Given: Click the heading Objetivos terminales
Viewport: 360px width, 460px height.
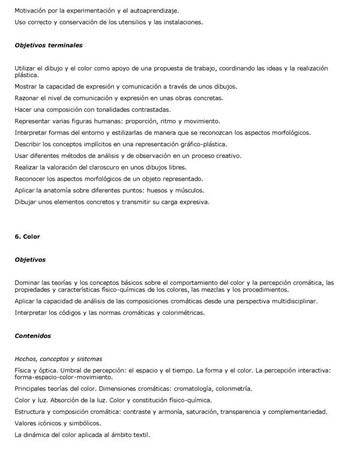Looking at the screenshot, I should pos(49,45).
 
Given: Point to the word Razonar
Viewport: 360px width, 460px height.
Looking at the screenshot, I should pos(28,98).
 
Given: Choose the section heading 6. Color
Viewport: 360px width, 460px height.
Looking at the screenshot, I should pos(27,237).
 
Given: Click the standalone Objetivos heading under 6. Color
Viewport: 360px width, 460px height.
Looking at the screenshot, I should pos(30,260).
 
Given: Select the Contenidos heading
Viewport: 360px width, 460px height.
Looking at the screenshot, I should pos(33,336).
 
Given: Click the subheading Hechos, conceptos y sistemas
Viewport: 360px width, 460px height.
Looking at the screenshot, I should pos(58,359).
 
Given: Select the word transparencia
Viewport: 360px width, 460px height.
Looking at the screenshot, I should pos(245,411).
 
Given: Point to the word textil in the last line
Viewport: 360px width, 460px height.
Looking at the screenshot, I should pos(140,434).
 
